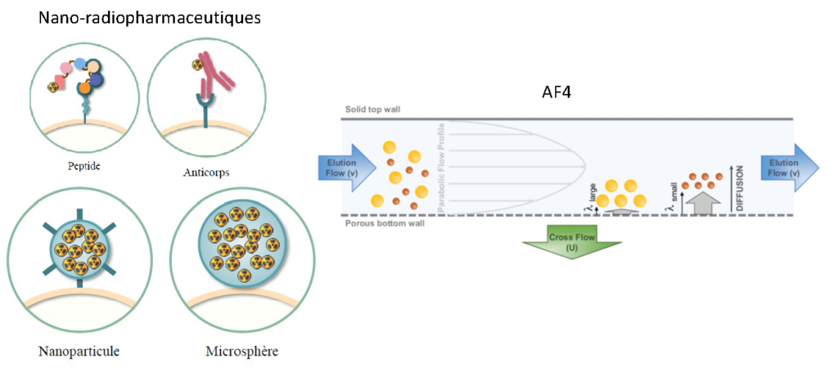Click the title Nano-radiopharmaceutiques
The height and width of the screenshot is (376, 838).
coord(150,17)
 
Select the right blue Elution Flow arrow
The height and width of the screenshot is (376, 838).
coord(790,167)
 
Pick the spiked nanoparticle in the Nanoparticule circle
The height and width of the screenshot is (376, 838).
coord(79,248)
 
